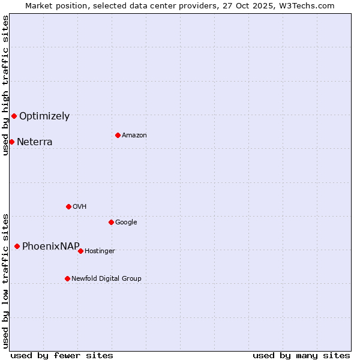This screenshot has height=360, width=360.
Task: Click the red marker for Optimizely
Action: pyautogui.click(x=14, y=116)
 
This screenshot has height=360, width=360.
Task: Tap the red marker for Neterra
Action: pyautogui.click(x=11, y=142)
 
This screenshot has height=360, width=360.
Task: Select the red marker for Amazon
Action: pyautogui.click(x=118, y=135)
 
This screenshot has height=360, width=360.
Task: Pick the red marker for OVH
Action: pyautogui.click(x=68, y=206)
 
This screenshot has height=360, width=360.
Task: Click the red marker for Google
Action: pyautogui.click(x=111, y=222)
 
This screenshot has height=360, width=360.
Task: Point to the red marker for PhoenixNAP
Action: pyautogui.click(x=17, y=246)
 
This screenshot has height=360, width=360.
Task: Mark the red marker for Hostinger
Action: pyautogui.click(x=80, y=251)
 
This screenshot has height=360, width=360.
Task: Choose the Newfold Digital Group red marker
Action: pyautogui.click(x=67, y=278)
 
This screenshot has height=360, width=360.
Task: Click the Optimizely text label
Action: pyautogui.click(x=44, y=116)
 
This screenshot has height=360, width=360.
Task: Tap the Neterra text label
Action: pyautogui.click(x=35, y=142)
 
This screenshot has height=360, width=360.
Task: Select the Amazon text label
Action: pyautogui.click(x=134, y=136)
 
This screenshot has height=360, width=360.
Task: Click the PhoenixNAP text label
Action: pyautogui.click(x=51, y=247)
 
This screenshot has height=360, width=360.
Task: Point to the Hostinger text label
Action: pyautogui.click(x=100, y=251)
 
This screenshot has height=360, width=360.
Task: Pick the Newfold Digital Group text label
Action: pyautogui.click(x=106, y=279)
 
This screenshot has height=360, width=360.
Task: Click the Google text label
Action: pyautogui.click(x=126, y=223)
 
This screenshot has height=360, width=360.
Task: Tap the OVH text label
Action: pyautogui.click(x=80, y=207)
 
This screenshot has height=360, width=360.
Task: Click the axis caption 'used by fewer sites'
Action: pyautogui.click(x=62, y=355)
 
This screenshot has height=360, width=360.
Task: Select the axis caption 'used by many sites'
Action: pyautogui.click(x=301, y=355)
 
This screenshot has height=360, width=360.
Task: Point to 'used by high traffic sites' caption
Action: pyautogui.click(x=5, y=85)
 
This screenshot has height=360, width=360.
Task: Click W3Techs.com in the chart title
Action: pyautogui.click(x=305, y=5)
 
